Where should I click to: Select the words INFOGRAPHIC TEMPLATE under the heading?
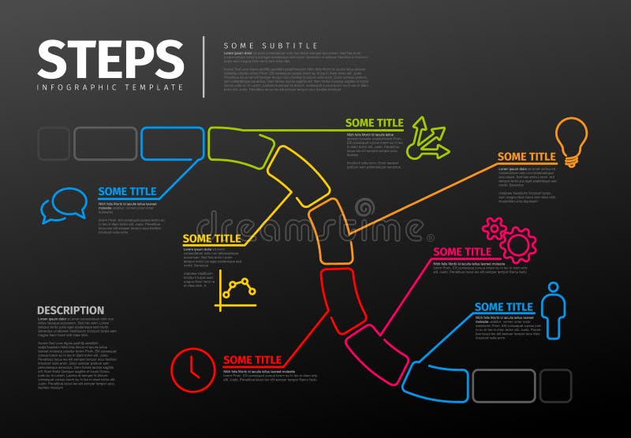(x=110, y=87)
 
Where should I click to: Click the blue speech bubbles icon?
(x=64, y=205)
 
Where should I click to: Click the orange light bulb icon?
(x=571, y=141)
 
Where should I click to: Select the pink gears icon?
(x=510, y=239)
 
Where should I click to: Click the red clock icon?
(x=192, y=369)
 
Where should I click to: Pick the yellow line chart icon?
(x=236, y=291)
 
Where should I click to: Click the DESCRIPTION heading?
(x=70, y=310)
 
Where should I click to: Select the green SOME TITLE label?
(x=374, y=123)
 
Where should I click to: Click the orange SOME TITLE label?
(x=526, y=157)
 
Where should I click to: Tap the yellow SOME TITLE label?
(x=211, y=239)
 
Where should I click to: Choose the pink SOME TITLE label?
(x=462, y=252)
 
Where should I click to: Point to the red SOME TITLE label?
(x=252, y=360)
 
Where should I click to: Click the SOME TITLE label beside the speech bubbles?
(x=127, y=191)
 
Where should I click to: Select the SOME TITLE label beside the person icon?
(x=503, y=306)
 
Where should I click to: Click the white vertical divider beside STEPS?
(x=203, y=67)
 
